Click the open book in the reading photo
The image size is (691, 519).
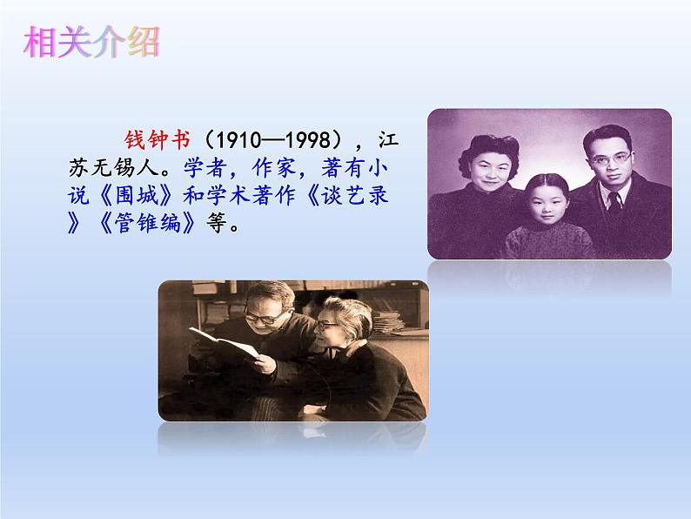click(223, 345)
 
